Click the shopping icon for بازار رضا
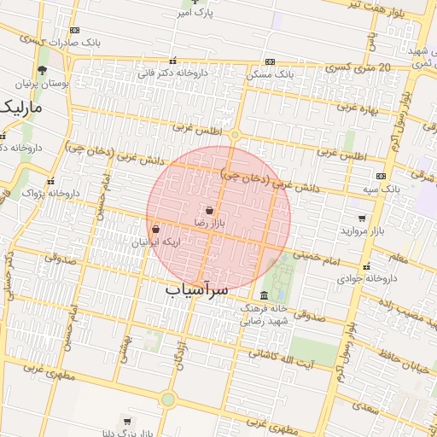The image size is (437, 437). [210, 210]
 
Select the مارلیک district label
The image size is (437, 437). [23, 108]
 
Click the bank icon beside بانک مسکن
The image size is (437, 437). [270, 61]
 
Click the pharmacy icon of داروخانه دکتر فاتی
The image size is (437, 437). [173, 61]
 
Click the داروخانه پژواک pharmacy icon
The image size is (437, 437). [51, 181]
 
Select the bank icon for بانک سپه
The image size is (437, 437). [381, 175]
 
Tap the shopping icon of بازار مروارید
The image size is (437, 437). [363, 218]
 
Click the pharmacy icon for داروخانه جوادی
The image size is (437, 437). [367, 266]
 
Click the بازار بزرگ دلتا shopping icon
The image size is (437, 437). [127, 421]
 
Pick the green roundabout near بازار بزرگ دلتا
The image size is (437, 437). [167, 399]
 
